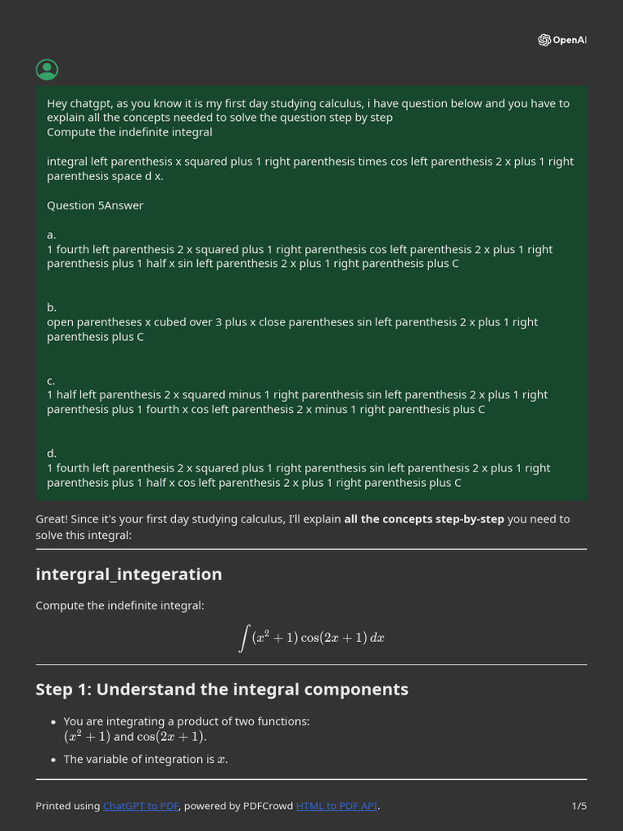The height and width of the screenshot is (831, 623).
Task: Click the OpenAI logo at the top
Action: [561, 40]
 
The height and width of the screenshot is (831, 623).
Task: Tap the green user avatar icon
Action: [47, 70]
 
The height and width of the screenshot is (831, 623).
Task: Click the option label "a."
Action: [51, 235]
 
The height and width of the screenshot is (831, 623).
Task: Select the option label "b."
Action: [52, 308]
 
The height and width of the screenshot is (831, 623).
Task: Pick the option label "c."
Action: [51, 380]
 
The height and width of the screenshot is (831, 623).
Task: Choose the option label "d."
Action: [52, 453]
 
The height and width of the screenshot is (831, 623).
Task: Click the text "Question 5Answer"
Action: [95, 205]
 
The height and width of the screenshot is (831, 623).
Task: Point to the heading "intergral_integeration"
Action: [128, 575]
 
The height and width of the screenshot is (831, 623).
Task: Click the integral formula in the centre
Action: [311, 638]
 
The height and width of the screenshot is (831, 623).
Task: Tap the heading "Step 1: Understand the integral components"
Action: [221, 689]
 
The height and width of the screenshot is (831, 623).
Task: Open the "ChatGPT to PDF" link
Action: [140, 806]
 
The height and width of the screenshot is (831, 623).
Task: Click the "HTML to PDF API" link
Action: [337, 806]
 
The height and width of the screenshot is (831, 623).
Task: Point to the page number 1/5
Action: [578, 806]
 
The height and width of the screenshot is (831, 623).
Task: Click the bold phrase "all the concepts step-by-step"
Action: [423, 519]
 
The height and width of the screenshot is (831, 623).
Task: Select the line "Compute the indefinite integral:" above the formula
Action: [120, 605]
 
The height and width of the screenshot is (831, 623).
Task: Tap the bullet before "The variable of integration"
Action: [53, 760]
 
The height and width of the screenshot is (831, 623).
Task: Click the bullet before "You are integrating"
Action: [53, 721]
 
